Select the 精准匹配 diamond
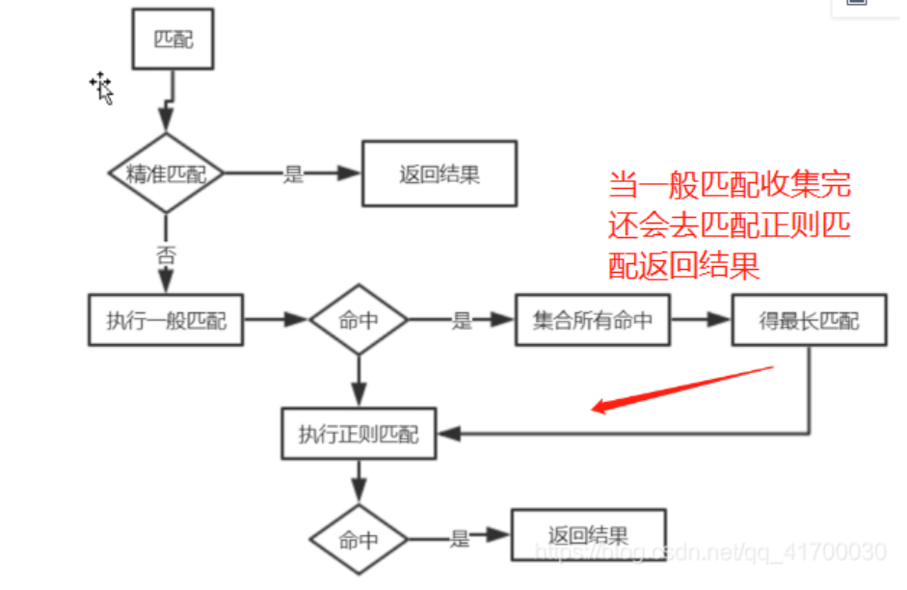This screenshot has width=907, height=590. (166, 174)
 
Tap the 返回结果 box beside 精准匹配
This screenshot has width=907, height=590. (439, 174)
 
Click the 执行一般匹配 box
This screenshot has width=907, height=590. (166, 320)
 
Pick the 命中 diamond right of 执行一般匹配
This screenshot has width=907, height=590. (359, 320)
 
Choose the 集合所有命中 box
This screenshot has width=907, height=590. (592, 320)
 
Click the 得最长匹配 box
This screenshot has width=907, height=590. (809, 320)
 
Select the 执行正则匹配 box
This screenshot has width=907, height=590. (359, 434)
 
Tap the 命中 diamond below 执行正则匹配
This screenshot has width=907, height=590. (359, 540)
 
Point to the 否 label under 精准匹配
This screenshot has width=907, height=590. (166, 256)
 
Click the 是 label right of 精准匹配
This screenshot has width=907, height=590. (293, 174)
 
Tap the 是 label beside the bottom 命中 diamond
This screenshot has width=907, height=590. (460, 539)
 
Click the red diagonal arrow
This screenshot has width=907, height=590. (682, 388)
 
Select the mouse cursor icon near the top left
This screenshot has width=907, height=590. (102, 88)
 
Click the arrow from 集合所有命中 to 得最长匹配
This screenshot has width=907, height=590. (702, 320)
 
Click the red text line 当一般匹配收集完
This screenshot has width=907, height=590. (730, 185)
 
